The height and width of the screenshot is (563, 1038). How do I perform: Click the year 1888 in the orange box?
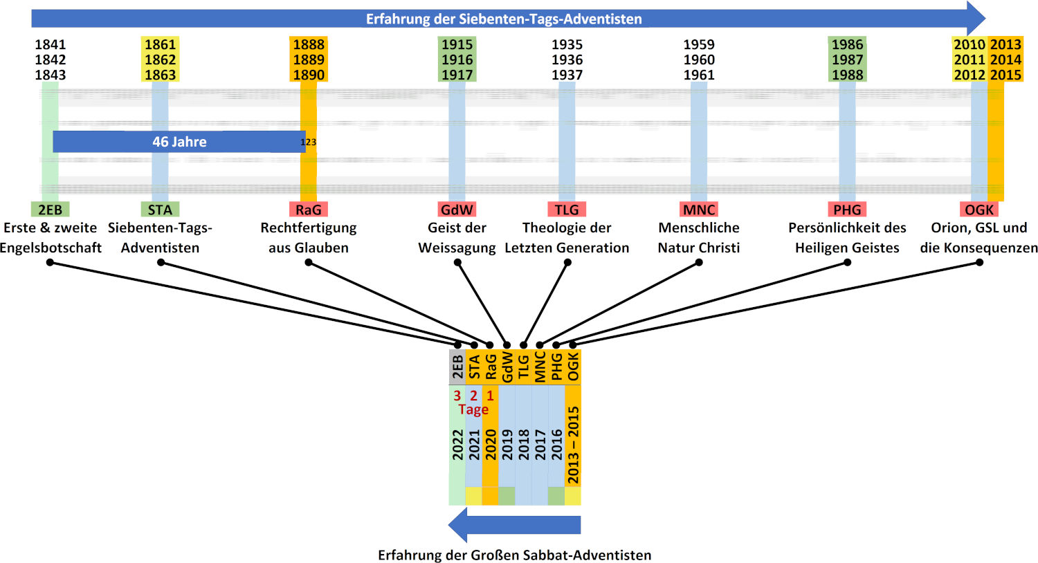309,44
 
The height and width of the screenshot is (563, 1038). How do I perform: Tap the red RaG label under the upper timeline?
309,210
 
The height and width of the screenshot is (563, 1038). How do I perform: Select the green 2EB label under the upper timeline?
50,210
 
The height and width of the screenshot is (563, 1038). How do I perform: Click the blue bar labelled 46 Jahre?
179,142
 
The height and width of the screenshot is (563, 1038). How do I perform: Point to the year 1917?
457,75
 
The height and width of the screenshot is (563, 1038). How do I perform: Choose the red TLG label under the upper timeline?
567,210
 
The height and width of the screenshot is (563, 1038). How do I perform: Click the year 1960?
699,59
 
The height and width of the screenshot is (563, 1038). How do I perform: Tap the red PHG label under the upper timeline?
847,210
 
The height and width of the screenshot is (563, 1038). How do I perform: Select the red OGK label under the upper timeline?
979,210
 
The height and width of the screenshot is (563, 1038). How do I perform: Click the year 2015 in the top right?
1005,75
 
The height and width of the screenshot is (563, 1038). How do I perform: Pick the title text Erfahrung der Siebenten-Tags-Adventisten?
504,19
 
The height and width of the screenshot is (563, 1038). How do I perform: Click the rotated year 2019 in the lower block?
507,445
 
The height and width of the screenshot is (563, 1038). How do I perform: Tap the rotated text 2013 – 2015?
573,445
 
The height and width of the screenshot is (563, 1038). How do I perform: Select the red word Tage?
473,409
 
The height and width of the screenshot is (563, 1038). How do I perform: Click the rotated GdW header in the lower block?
507,367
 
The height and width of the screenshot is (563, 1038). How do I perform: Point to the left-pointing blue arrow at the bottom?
514,524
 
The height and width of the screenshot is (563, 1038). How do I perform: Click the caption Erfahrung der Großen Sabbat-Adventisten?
514,555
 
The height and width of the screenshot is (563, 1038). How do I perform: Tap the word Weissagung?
457,248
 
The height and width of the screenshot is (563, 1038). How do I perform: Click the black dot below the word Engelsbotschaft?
50,263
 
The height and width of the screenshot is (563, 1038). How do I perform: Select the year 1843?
50,75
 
